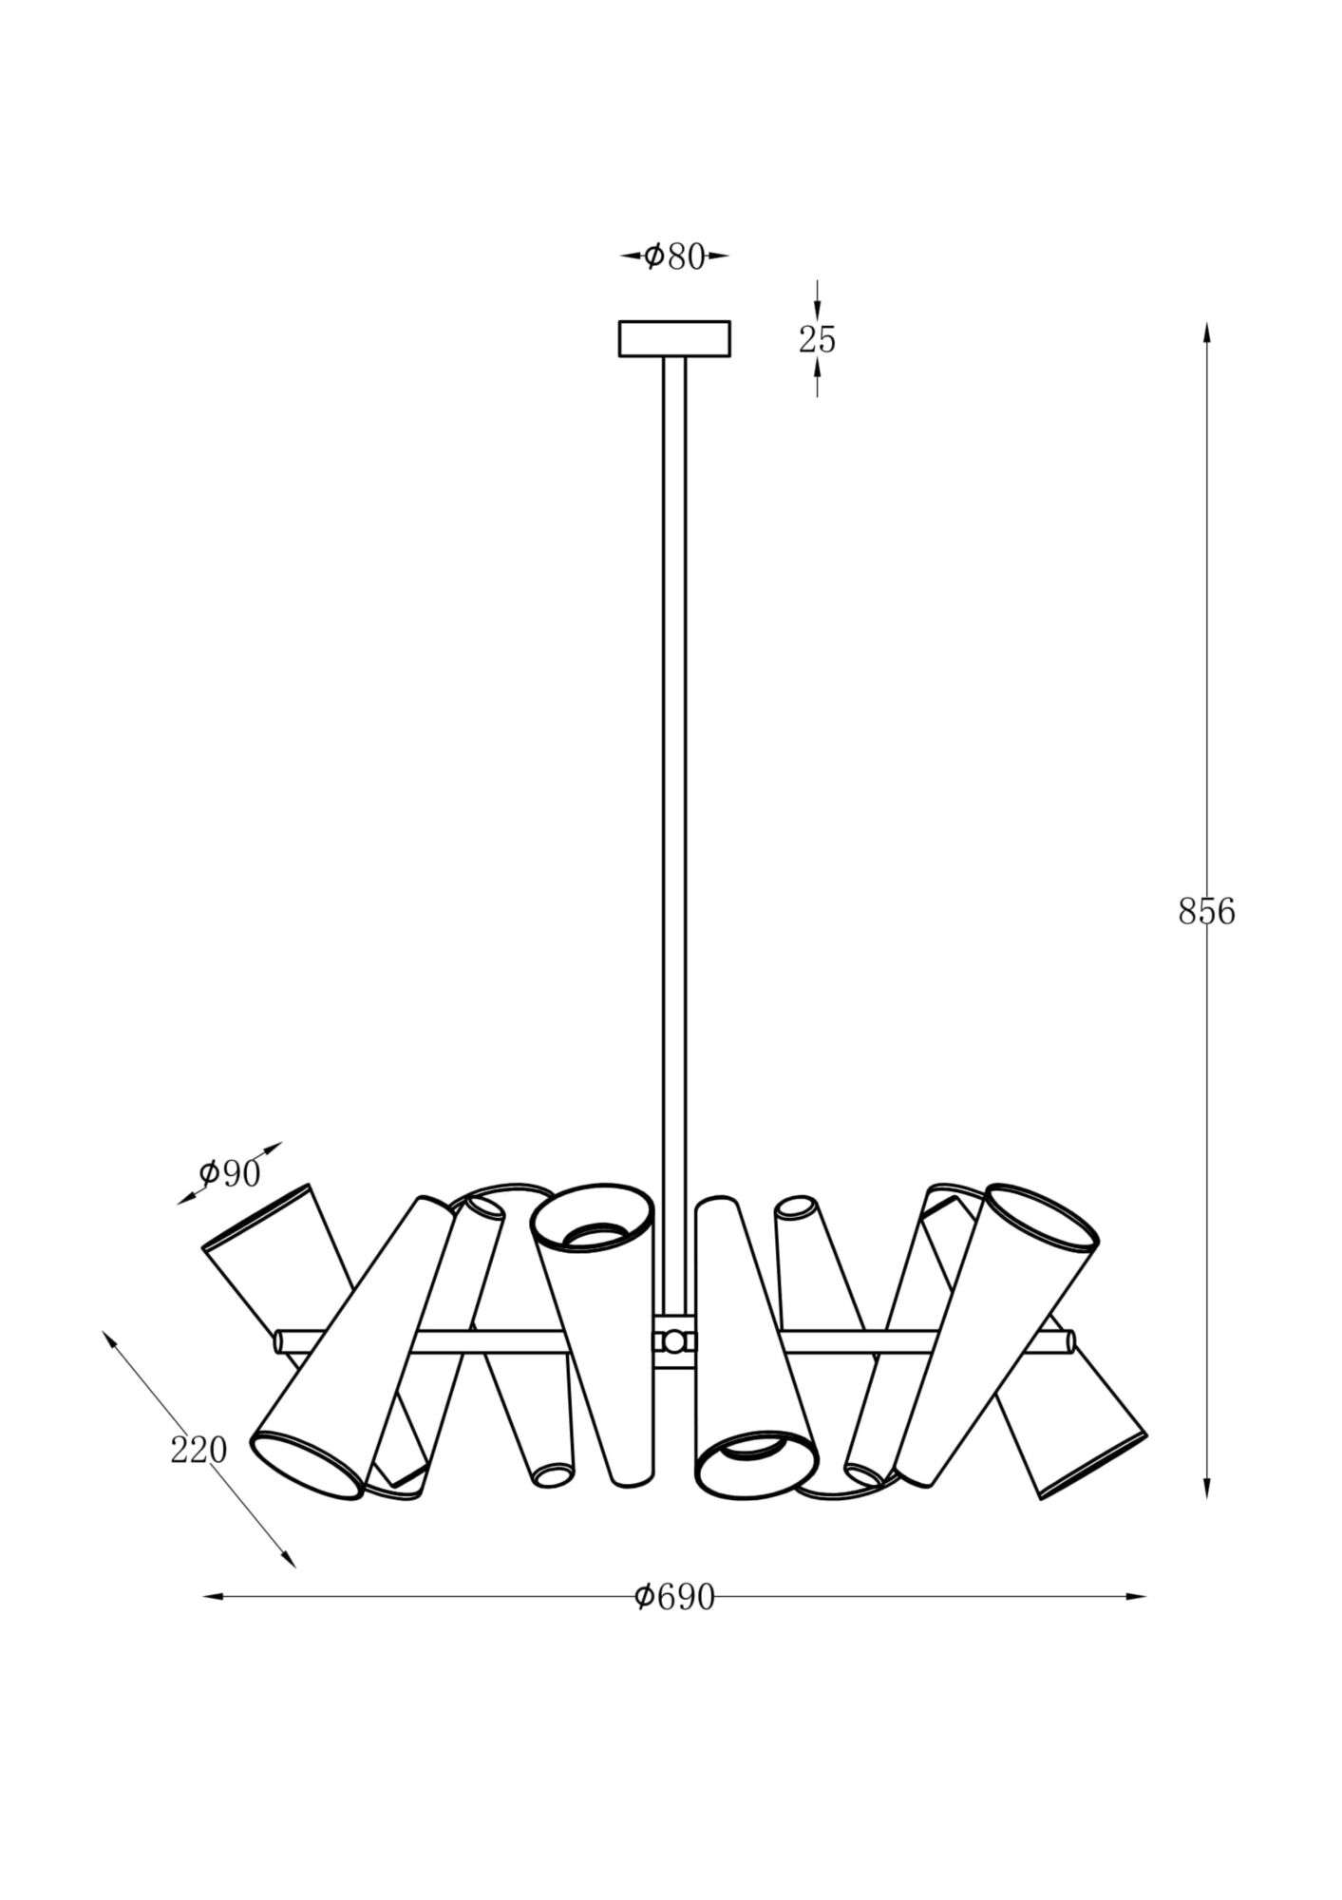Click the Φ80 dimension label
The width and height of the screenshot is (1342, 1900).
click(x=675, y=256)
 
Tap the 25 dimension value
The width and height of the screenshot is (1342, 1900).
click(x=817, y=339)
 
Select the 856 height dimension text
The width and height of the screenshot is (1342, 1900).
click(x=1206, y=912)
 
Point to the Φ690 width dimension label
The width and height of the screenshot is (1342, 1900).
click(x=674, y=1598)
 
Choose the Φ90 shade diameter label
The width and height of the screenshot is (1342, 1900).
click(x=230, y=1174)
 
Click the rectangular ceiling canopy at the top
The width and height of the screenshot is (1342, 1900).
click(x=675, y=338)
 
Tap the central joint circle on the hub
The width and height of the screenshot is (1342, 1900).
click(x=674, y=1341)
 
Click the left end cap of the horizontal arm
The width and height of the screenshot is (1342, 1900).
click(x=279, y=1341)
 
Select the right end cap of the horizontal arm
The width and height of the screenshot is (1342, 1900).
click(x=1070, y=1341)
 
